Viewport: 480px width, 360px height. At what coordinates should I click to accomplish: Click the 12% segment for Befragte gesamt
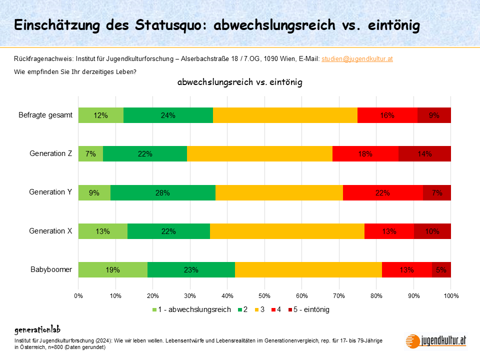pyautogui.click(x=100, y=115)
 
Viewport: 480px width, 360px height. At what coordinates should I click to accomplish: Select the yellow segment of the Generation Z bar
pyautogui.click(x=259, y=154)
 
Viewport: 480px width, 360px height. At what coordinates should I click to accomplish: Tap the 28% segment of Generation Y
pyautogui.click(x=162, y=192)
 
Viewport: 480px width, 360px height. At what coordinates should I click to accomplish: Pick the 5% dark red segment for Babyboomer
pyautogui.click(x=441, y=270)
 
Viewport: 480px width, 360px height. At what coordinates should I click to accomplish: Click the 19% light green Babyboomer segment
pyautogui.click(x=112, y=270)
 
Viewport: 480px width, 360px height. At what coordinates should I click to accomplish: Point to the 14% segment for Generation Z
pyautogui.click(x=424, y=154)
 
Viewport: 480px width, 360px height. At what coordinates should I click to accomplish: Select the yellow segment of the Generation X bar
pyautogui.click(x=287, y=231)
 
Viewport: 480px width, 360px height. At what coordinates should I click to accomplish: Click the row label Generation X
pyautogui.click(x=50, y=231)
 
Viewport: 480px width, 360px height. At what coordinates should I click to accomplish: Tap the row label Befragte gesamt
pyautogui.click(x=45, y=115)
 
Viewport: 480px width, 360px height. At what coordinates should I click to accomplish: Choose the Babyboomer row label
pyautogui.click(x=52, y=269)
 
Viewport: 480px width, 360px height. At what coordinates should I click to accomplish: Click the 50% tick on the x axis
pyautogui.click(x=264, y=295)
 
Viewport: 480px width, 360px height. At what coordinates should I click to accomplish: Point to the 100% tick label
pyautogui.click(x=450, y=295)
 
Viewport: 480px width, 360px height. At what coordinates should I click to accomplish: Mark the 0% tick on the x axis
pyautogui.click(x=78, y=295)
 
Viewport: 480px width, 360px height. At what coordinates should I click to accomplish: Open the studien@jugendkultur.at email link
pyautogui.click(x=356, y=59)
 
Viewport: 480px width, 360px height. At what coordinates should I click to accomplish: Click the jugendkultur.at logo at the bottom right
pyautogui.click(x=436, y=340)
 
